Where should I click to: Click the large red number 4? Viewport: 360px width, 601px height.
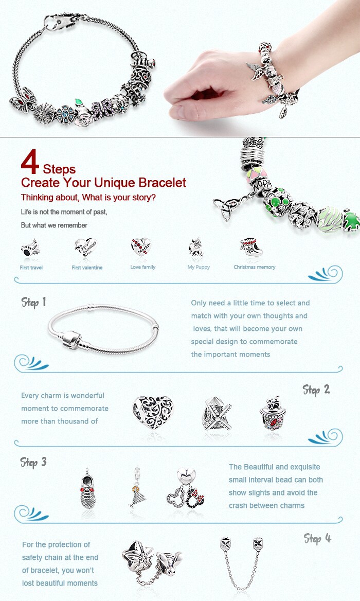(30, 162)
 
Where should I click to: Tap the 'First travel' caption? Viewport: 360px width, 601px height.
(31, 268)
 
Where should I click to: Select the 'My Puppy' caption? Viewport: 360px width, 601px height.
(199, 267)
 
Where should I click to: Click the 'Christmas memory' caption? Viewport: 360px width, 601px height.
(255, 267)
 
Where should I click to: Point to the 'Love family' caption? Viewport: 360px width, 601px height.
(143, 267)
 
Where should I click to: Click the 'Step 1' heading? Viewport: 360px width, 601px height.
(34, 303)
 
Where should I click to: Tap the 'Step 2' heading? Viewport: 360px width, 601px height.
(316, 390)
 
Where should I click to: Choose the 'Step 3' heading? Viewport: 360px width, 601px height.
(33, 462)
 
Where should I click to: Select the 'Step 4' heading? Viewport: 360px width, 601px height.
(317, 539)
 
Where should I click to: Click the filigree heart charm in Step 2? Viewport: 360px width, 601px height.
(153, 412)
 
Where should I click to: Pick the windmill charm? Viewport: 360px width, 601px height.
(217, 414)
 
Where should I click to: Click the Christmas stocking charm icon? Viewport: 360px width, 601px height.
(252, 247)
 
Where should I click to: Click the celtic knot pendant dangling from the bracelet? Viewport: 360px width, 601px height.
(224, 208)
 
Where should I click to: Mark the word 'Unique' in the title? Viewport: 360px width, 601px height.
(115, 183)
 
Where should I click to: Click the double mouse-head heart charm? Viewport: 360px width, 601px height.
(186, 489)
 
